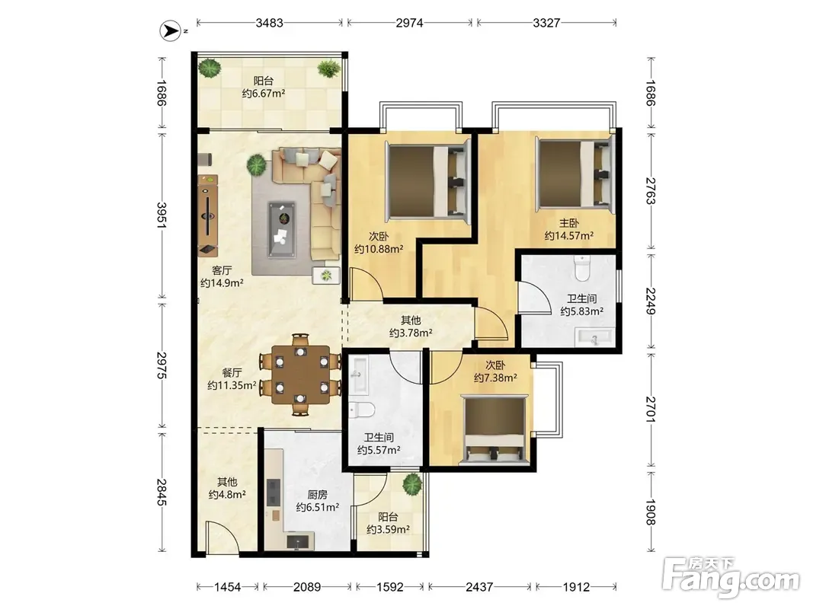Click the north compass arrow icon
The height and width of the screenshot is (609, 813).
coord(170,31)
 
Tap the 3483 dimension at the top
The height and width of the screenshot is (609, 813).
coord(269,23)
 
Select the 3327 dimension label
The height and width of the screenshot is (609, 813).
coord(546,23)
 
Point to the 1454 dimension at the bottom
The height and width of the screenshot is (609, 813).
coord(228,587)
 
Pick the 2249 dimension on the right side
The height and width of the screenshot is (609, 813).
coord(651,301)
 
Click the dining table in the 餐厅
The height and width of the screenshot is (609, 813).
coord(301,375)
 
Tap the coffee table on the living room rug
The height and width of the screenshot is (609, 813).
coord(282,229)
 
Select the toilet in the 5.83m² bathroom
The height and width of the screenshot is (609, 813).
coord(582,268)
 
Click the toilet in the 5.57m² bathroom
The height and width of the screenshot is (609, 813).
coord(361,410)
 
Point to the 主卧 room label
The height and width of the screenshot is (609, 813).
coord(568,223)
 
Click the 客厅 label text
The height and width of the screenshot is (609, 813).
coord(222,270)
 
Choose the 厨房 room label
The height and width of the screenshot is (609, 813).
coord(317,495)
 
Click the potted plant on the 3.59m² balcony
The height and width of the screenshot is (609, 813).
coord(412,483)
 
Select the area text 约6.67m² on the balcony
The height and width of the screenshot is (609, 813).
coord(264,94)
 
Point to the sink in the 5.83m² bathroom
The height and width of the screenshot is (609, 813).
coord(594,338)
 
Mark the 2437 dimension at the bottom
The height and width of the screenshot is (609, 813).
coord(479,587)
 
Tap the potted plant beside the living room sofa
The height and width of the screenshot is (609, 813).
coord(256,165)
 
